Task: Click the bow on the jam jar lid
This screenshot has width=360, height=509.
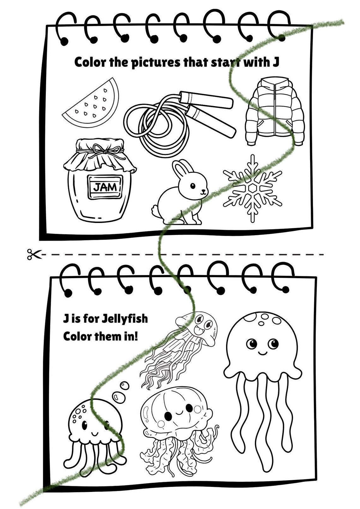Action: (106, 149)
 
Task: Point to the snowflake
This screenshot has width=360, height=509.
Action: (252, 189)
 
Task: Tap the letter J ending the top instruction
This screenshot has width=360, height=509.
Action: (275, 62)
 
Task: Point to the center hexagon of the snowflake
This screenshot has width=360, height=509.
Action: (252, 189)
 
